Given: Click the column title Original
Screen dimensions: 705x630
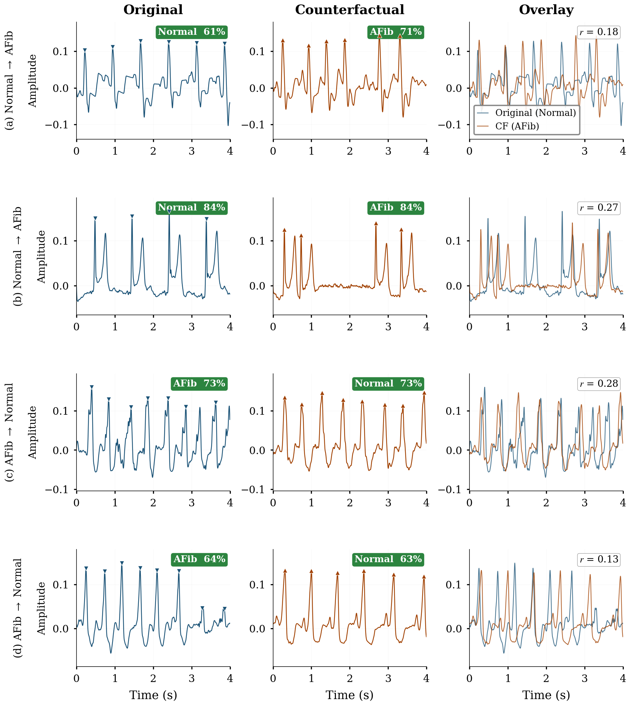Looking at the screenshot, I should [153, 10].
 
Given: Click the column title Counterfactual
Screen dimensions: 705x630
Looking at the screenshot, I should [350, 10].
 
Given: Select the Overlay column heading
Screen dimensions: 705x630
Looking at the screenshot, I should [546, 10].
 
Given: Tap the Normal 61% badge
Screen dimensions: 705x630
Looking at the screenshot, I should [191, 32].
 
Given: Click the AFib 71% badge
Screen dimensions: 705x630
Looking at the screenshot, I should [396, 32].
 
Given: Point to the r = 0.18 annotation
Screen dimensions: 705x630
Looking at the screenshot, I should [598, 32].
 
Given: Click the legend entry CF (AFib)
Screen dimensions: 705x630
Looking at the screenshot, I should [517, 126].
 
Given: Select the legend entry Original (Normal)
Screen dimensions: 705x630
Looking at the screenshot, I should [535, 113].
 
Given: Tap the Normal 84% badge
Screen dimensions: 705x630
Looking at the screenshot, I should [191, 208].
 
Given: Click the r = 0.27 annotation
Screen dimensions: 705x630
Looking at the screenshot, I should [598, 208].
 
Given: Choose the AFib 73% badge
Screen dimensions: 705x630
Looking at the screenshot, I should [199, 383].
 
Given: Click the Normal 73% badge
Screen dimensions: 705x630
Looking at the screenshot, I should [388, 383].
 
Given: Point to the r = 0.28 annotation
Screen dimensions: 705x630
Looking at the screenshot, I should [598, 384].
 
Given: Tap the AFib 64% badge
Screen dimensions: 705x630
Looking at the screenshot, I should [199, 559].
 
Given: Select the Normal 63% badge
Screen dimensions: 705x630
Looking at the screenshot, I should [388, 559].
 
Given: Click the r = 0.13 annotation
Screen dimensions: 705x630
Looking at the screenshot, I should [598, 559].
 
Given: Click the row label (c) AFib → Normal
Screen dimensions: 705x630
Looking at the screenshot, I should [9, 432].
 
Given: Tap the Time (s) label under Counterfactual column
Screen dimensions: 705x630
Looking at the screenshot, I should [350, 694].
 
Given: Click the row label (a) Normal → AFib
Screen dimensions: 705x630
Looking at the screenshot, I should [9, 80].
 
